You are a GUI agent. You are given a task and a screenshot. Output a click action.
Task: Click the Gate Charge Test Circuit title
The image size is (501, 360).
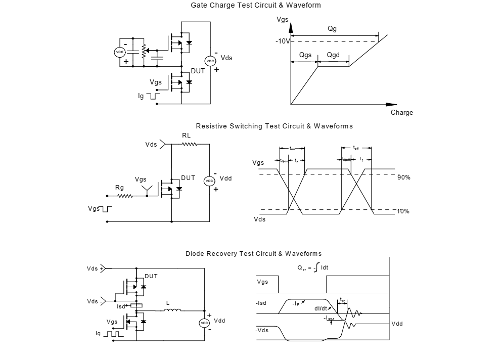tap(255, 5)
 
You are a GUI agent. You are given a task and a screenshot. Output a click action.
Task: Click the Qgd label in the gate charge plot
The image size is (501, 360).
tap(333, 55)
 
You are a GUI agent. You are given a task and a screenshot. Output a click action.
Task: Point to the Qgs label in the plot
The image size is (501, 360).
tap(305, 55)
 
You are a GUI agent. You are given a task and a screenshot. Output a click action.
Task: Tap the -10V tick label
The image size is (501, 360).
tap(283, 41)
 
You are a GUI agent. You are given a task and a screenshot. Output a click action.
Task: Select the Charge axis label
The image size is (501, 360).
tap(402, 113)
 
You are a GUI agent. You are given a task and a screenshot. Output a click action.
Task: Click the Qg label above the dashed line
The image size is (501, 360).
tap(332, 29)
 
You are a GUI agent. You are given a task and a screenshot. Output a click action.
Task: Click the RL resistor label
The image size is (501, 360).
tap(187, 136)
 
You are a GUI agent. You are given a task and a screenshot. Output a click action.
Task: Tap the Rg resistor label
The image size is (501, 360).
tap(119, 188)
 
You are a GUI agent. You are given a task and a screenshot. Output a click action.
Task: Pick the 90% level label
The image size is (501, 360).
tap(403, 177)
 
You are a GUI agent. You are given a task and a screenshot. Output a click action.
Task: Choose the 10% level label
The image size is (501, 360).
tap(403, 211)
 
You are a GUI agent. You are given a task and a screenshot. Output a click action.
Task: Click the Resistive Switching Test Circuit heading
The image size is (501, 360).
tap(274, 126)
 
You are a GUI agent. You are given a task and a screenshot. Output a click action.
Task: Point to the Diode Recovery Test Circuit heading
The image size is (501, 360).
tap(253, 253)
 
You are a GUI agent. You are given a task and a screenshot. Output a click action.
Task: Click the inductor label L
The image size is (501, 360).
tap(167, 303)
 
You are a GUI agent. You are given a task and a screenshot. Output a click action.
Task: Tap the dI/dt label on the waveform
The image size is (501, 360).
tap(321, 308)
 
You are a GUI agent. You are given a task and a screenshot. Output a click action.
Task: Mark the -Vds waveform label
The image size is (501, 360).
tap(262, 330)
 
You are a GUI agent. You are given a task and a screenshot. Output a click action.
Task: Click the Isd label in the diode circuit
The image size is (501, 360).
tap(121, 306)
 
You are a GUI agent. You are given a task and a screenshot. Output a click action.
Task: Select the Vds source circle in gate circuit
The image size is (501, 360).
tap(210, 61)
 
